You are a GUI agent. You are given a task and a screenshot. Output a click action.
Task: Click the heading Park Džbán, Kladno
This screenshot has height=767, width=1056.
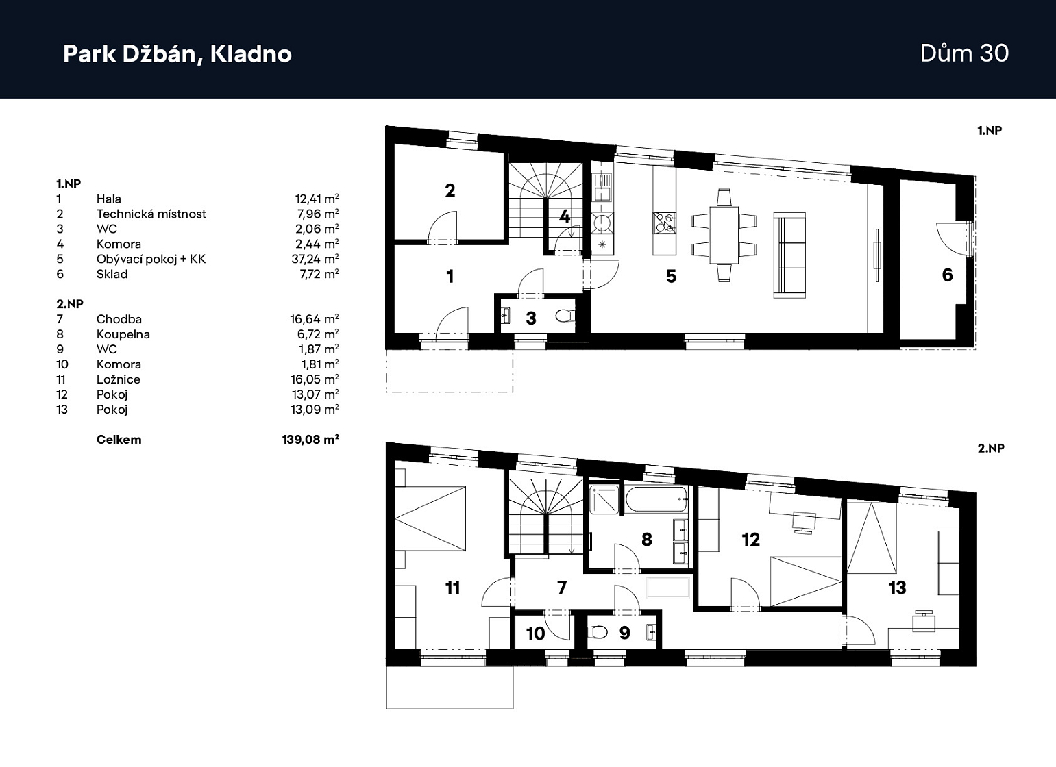[x=177, y=54]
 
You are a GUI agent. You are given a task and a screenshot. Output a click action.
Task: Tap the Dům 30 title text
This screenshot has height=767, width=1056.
[x=964, y=53]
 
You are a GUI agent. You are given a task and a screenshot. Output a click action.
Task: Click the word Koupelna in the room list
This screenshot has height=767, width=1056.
[x=123, y=334]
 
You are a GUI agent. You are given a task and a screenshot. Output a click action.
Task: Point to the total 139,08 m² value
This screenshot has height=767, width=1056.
[x=310, y=440]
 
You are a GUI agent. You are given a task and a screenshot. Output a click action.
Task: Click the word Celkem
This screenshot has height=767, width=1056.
[x=119, y=440]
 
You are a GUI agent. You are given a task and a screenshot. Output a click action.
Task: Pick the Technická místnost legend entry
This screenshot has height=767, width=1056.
[x=151, y=214]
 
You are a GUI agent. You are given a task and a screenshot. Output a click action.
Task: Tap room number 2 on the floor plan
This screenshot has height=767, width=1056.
[x=450, y=190]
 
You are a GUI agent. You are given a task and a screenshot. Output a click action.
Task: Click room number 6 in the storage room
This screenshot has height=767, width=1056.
[x=947, y=275]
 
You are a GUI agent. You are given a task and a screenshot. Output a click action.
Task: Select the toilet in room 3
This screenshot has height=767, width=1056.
[x=565, y=316]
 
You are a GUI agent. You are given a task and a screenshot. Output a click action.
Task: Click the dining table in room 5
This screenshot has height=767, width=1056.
[x=724, y=235]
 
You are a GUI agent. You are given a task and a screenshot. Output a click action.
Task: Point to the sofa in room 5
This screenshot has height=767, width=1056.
[x=789, y=255]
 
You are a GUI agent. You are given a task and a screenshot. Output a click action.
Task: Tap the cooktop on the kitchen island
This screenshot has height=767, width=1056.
[x=664, y=223]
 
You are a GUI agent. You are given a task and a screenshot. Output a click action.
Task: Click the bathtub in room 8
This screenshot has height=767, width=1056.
[x=656, y=500]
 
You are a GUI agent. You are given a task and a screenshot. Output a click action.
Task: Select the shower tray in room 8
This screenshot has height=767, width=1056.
[x=604, y=500]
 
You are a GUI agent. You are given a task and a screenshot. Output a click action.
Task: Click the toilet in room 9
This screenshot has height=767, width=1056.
[x=598, y=632]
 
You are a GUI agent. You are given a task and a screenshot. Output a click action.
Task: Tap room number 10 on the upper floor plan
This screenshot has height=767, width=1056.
[x=536, y=633]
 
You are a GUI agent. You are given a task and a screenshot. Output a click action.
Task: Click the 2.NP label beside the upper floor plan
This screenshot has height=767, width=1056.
[x=991, y=448]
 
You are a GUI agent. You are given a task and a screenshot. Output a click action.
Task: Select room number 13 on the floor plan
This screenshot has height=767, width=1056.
[x=897, y=588]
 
